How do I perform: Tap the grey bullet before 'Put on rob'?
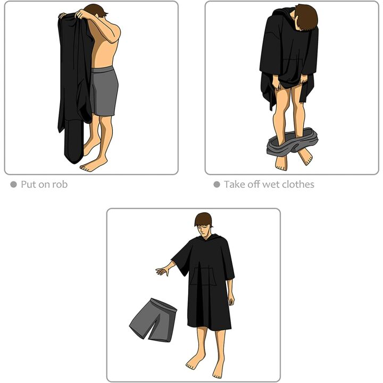pos(13,185)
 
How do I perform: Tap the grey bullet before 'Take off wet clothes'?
pos(217,185)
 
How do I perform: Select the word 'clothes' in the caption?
pos(296,185)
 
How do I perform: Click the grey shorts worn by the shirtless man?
pos(104,90)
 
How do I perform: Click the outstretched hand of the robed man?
pos(161,271)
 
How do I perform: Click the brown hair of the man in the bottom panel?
pos(204,218)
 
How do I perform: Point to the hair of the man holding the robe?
pos(96,10)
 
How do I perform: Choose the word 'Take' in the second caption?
pos(234,185)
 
